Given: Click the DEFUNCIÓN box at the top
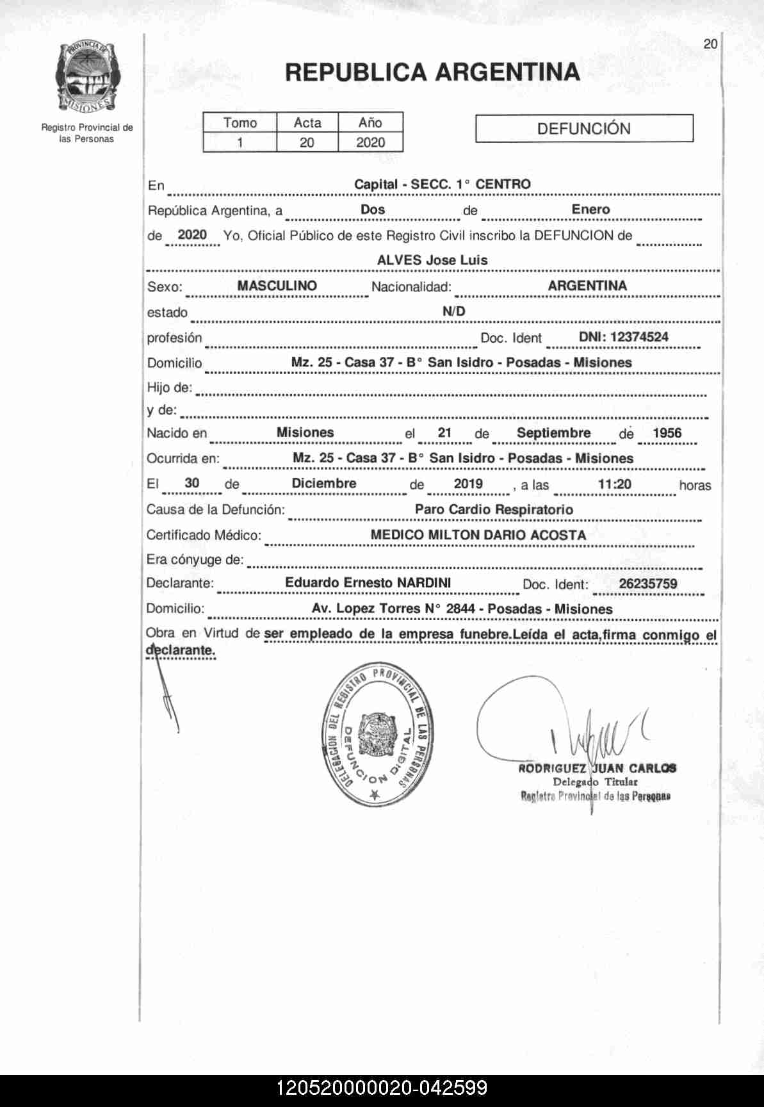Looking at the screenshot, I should click(x=584, y=128).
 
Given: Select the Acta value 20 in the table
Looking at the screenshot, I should click(x=307, y=142).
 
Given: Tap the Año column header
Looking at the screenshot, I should click(x=370, y=122).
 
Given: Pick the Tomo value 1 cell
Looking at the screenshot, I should click(x=240, y=142).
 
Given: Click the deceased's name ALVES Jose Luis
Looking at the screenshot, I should click(x=432, y=260).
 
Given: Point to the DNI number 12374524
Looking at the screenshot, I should click(x=623, y=337).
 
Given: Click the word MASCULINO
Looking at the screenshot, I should click(x=277, y=286).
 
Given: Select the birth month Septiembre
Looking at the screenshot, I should click(x=553, y=433).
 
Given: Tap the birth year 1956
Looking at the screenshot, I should click(x=667, y=433).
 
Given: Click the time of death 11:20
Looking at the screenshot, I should click(x=614, y=484).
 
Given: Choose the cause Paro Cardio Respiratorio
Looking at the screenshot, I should click(x=494, y=510).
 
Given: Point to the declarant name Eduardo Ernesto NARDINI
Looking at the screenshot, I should click(x=368, y=583).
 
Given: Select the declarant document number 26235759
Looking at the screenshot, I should click(x=647, y=584).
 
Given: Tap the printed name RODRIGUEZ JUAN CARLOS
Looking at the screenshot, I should click(x=597, y=768).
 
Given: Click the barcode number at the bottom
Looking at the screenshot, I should click(x=382, y=1088).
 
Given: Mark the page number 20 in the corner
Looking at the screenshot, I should click(x=710, y=44).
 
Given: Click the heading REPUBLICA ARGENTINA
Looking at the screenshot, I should click(x=432, y=72).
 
